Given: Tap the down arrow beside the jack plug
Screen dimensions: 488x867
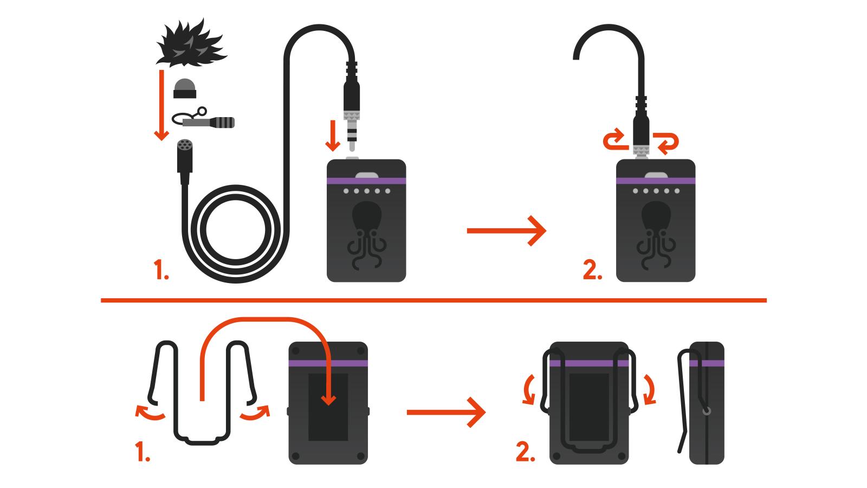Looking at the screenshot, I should tap(333, 138).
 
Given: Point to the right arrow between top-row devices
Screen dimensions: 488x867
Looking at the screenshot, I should tap(506, 231).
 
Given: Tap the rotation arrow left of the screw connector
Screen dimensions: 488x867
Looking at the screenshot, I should tap(615, 142).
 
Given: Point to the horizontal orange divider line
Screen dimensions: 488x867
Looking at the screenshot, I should tap(433, 300).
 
